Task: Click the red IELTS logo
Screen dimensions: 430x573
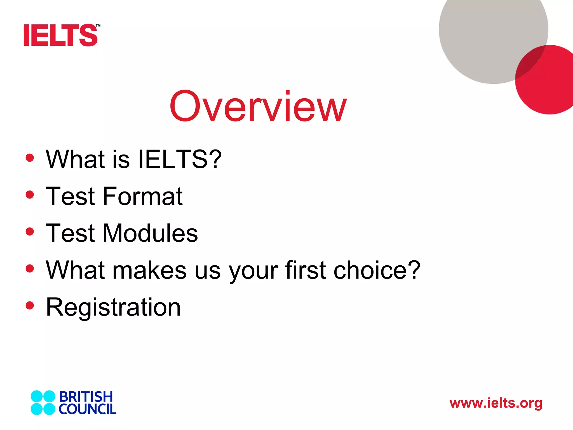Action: [60, 35]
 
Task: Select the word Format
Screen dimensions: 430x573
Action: [143, 196]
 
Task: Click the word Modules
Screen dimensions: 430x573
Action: [150, 233]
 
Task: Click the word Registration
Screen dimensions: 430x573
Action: [113, 307]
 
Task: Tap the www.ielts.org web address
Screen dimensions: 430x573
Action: [496, 403]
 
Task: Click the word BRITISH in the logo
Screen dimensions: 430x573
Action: [86, 397]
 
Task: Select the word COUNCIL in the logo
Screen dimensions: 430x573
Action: [87, 409]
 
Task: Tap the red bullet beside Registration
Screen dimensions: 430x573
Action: [30, 305]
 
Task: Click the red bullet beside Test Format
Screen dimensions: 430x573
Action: [30, 195]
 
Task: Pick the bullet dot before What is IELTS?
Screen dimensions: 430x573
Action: [30, 158]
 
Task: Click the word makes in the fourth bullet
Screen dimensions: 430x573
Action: [149, 270]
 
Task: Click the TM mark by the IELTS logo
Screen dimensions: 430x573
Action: [98, 26]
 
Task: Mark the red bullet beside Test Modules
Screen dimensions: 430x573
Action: [30, 232]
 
